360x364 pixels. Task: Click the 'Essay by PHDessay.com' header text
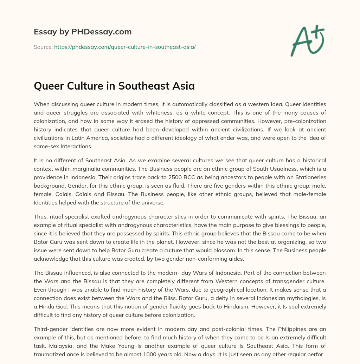tap(83, 32)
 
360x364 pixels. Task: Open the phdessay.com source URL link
tap(125, 47)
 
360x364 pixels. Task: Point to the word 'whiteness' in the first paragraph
tap(173, 112)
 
